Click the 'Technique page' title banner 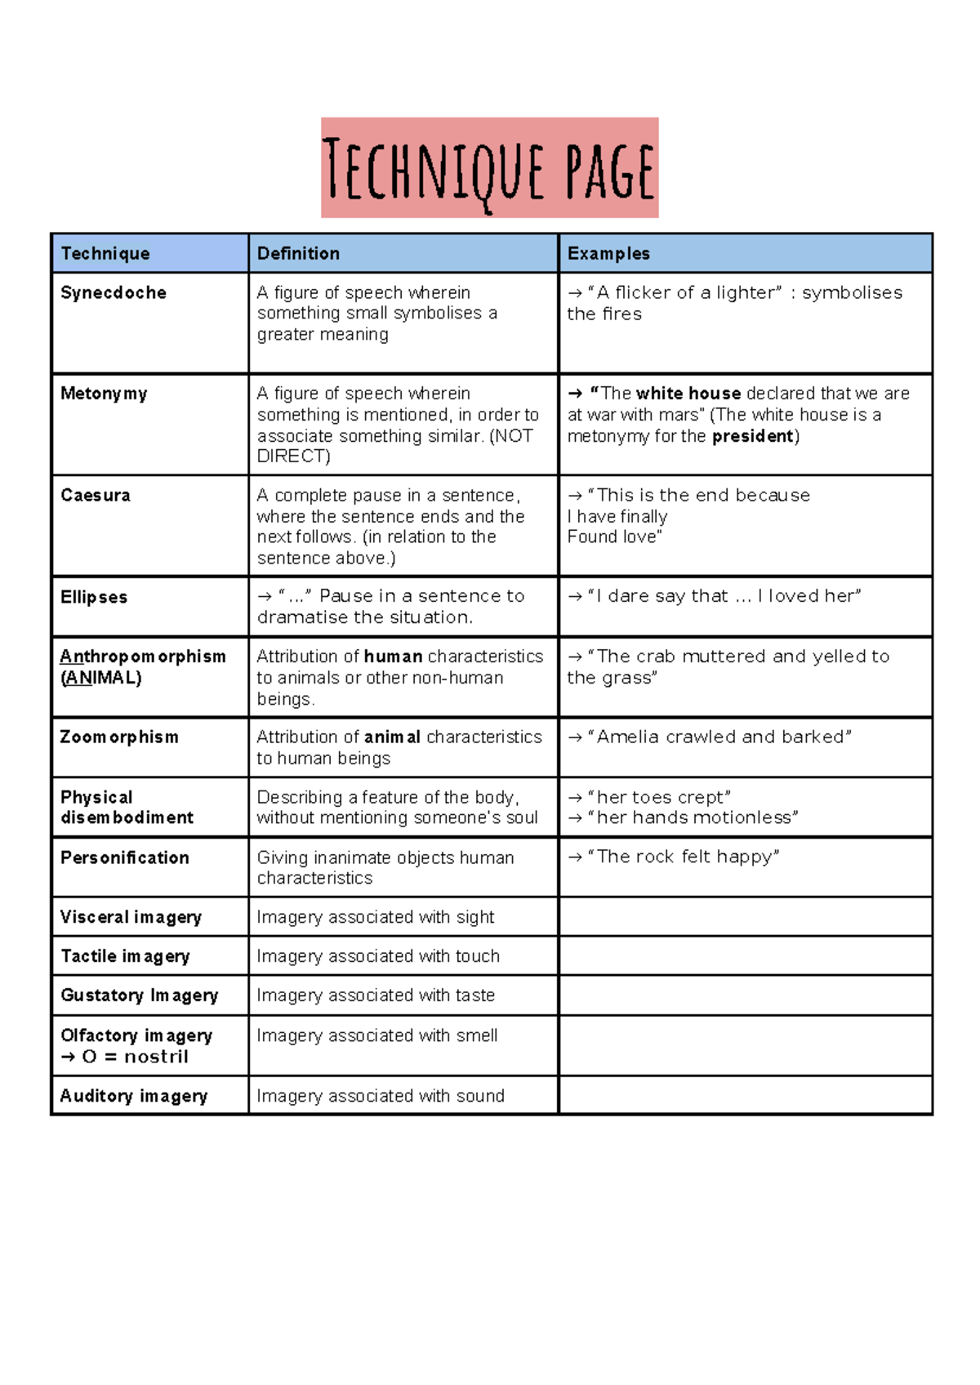click(x=489, y=168)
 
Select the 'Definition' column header click(x=298, y=253)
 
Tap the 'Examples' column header click(x=608, y=253)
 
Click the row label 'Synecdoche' click(x=114, y=292)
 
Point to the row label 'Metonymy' click(x=104, y=394)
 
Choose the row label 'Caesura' click(x=96, y=495)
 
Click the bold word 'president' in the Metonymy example click(x=752, y=436)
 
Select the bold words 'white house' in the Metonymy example click(x=688, y=394)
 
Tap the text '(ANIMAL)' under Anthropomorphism click(x=101, y=678)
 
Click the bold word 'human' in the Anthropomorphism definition click(x=393, y=657)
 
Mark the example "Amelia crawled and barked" click(x=719, y=737)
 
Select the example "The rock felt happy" click(x=683, y=857)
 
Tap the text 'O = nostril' click(x=135, y=1057)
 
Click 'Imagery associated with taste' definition click(x=376, y=995)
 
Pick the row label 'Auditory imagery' click(x=134, y=1096)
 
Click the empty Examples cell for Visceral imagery click(x=745, y=917)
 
